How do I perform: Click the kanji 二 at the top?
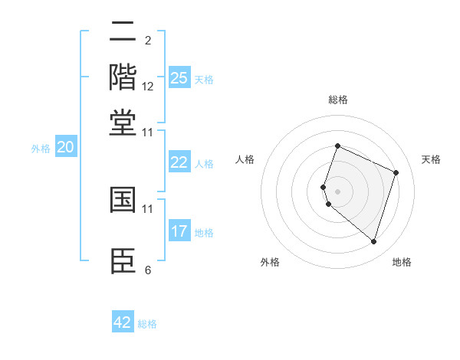point(123,32)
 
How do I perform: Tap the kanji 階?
point(123,77)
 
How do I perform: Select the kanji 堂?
point(123,123)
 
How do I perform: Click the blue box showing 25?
point(179,78)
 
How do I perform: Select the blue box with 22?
point(179,162)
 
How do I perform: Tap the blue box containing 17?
point(179,231)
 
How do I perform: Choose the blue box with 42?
point(123,322)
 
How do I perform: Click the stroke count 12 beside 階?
point(148,87)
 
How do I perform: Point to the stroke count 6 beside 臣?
point(148,270)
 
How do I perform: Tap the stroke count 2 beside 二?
point(148,41)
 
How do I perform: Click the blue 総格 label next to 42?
point(147,324)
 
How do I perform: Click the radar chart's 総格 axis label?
point(338,100)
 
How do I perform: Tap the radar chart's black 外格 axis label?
point(270,262)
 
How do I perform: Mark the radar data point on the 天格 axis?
point(396,172)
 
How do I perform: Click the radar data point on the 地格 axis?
point(373,241)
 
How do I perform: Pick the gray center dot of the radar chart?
point(338,191)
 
